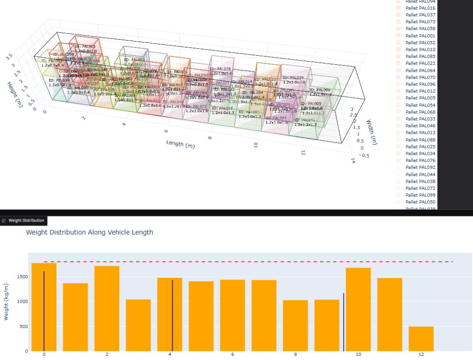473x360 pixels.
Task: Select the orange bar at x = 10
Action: click(358, 309)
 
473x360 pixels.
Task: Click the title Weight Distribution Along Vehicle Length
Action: click(90, 232)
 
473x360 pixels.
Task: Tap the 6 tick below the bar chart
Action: click(232, 354)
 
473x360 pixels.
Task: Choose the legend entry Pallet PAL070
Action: click(420, 78)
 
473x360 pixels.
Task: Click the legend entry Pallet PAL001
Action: click(420, 36)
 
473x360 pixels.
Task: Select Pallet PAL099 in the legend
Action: click(420, 195)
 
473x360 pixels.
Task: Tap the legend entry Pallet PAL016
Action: click(420, 8)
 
